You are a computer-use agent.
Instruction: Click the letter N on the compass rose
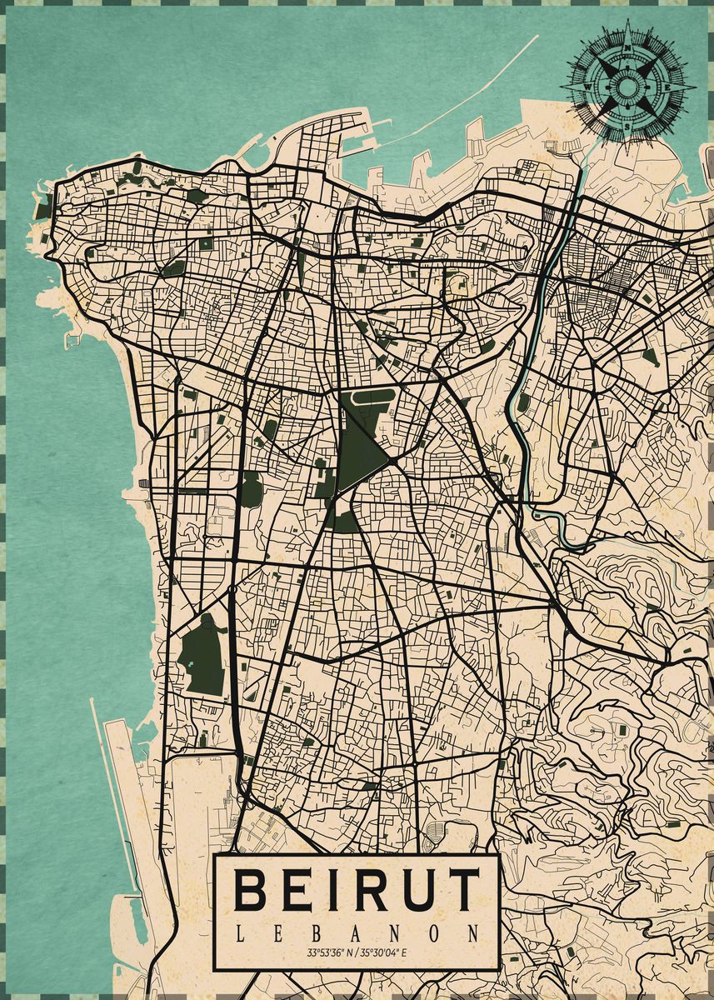(627, 47)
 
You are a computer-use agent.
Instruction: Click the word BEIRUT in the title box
(357, 890)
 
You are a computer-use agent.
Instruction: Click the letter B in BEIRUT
(249, 890)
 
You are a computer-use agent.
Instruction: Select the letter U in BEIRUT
(412, 890)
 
